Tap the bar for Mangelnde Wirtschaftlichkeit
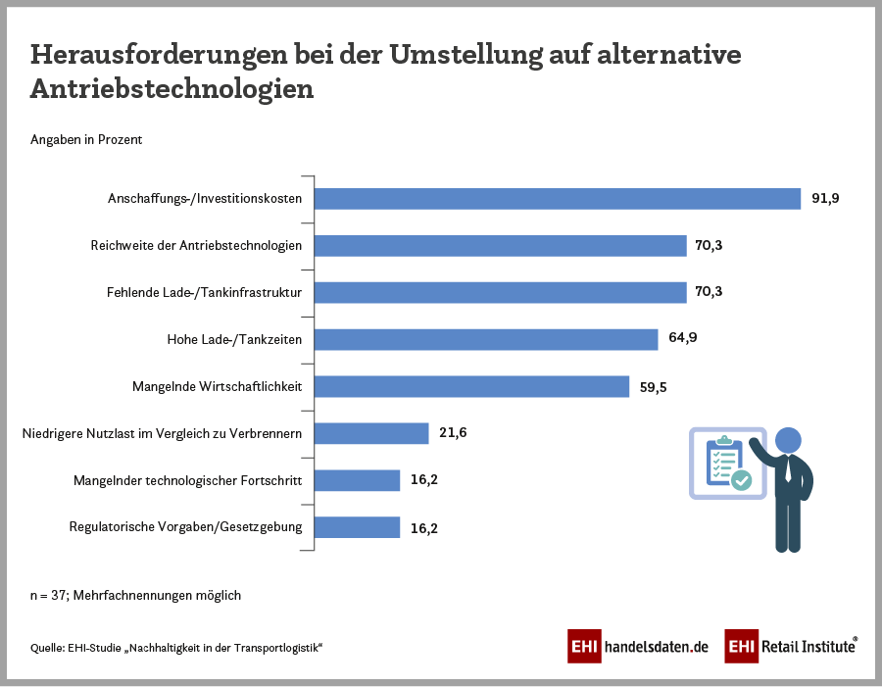[471, 386]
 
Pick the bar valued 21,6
[371, 433]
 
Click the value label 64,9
[682, 338]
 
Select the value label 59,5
[654, 386]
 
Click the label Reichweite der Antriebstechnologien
[196, 245]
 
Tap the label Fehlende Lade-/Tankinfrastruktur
[204, 292]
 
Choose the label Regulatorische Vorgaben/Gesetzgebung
[185, 527]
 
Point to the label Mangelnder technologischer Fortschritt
[188, 480]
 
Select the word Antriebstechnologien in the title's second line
[171, 88]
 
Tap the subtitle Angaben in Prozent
[86, 140]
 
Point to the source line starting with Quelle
[176, 648]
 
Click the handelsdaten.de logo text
[656, 647]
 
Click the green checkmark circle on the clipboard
[741, 480]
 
